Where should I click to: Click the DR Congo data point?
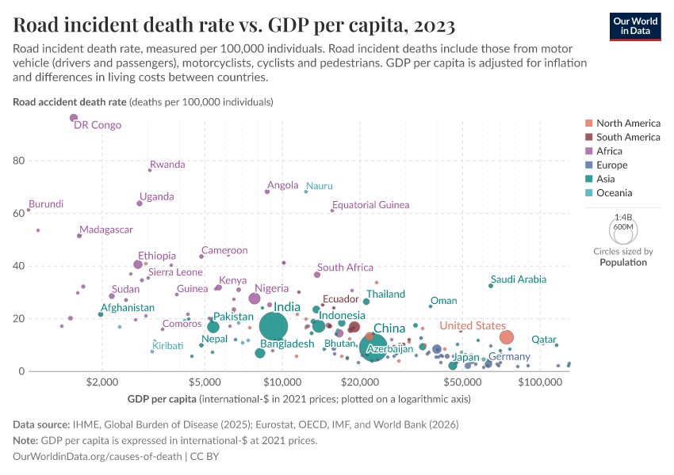click(x=74, y=118)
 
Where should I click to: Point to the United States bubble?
click(x=507, y=337)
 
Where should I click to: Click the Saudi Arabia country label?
click(x=518, y=279)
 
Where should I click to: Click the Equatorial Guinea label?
click(x=370, y=205)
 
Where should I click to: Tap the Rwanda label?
click(x=167, y=165)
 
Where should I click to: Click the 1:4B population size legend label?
click(x=624, y=217)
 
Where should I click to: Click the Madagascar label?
click(x=106, y=230)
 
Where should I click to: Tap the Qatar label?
click(x=543, y=339)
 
